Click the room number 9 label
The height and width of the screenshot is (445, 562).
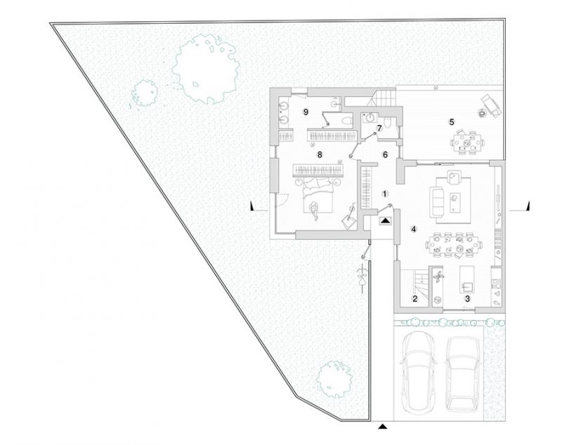click(306, 112)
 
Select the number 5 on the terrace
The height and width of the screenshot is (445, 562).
click(452, 121)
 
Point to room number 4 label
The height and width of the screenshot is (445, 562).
click(414, 229)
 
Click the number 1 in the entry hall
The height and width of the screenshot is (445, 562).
click(384, 192)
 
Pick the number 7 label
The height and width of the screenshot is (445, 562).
click(379, 128)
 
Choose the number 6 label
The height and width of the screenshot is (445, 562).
click(384, 153)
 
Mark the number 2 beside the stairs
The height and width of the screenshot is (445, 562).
click(415, 299)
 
